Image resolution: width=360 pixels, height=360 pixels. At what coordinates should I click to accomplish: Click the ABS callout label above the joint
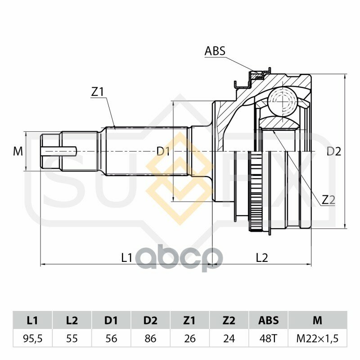215,51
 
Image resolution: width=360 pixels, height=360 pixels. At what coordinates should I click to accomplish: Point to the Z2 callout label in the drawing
328,200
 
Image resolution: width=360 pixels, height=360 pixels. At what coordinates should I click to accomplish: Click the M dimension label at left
18,152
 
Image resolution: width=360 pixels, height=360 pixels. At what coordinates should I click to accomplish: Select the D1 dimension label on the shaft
163,152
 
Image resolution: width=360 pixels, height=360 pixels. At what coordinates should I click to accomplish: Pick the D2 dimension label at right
333,152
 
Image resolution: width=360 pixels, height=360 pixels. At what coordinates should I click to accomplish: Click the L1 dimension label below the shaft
127,257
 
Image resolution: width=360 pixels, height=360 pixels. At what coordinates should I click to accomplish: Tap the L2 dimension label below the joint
262,257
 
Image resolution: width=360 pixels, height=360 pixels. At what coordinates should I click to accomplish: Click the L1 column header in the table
32,320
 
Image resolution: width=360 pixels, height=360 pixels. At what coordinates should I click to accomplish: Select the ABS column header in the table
268,320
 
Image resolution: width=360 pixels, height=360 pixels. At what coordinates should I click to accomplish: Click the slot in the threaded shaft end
58,150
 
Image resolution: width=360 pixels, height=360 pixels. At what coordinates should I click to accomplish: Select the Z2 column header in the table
229,320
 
